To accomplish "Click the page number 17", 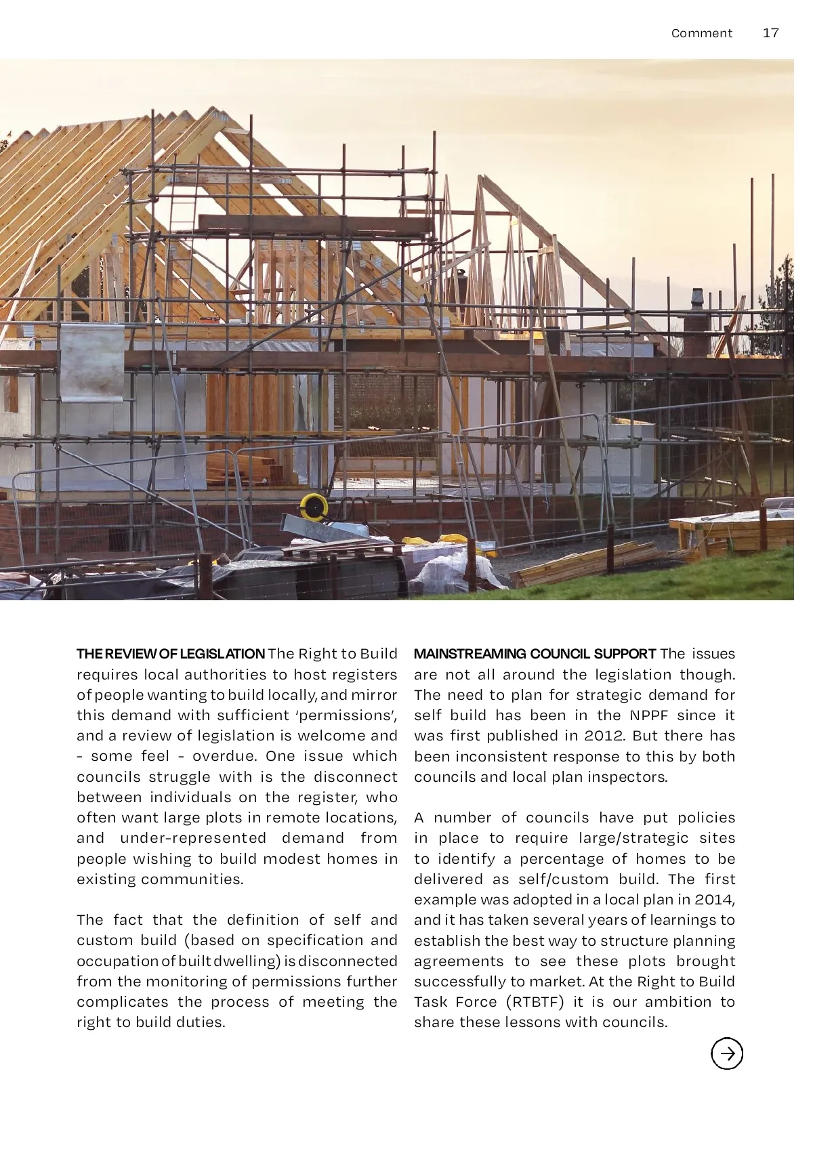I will pyautogui.click(x=770, y=33).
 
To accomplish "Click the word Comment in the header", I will pyautogui.click(x=701, y=33).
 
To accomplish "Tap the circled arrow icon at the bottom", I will pyautogui.click(x=727, y=1053).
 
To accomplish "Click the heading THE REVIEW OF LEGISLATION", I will pyautogui.click(x=170, y=654).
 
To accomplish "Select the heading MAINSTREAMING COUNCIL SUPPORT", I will pyautogui.click(x=535, y=654).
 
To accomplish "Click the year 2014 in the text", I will pyautogui.click(x=713, y=900).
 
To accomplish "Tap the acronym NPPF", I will pyautogui.click(x=653, y=715).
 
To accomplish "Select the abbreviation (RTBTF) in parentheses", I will pyautogui.click(x=535, y=1002).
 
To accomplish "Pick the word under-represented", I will pyautogui.click(x=193, y=838).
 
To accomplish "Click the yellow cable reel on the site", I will pyautogui.click(x=314, y=505).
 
